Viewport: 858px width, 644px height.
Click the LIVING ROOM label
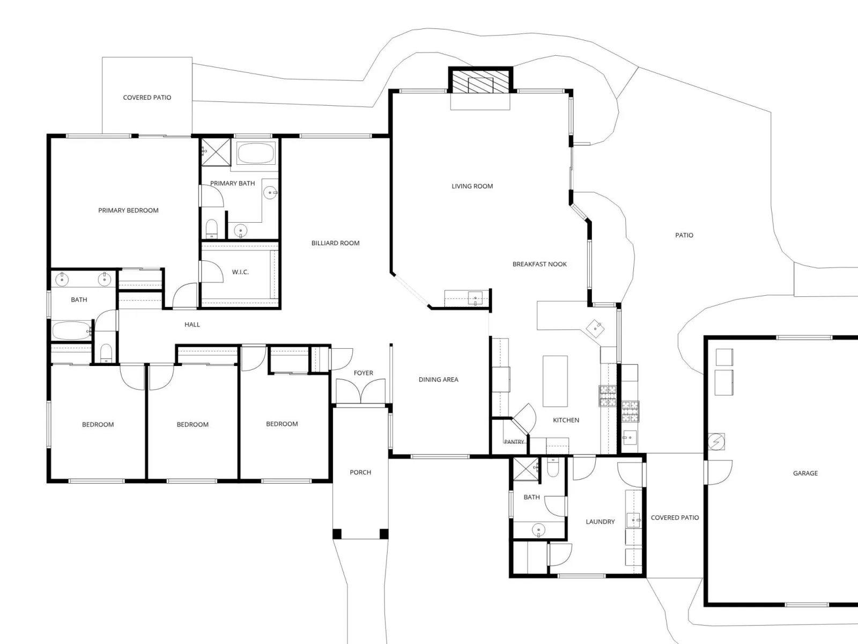[472, 186]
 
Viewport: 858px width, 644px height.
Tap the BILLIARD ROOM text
[335, 243]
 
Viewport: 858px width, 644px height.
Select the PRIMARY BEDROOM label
[128, 210]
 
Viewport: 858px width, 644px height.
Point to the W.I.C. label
[240, 272]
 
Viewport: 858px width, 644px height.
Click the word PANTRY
[514, 442]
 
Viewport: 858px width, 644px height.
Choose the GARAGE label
[805, 473]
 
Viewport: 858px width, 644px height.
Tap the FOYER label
[363, 373]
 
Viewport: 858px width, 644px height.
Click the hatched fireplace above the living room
[480, 80]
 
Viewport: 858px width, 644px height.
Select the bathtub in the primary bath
[256, 153]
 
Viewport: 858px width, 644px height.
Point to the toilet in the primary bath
[211, 229]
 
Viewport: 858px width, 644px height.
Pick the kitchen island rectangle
[555, 381]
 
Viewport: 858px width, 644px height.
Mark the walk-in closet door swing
[212, 272]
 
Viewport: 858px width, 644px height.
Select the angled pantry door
[524, 419]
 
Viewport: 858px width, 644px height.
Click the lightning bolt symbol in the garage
[716, 442]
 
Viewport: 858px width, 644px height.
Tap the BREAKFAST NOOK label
[539, 265]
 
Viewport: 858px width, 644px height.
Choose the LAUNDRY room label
[600, 522]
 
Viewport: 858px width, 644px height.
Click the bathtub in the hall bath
[71, 331]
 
